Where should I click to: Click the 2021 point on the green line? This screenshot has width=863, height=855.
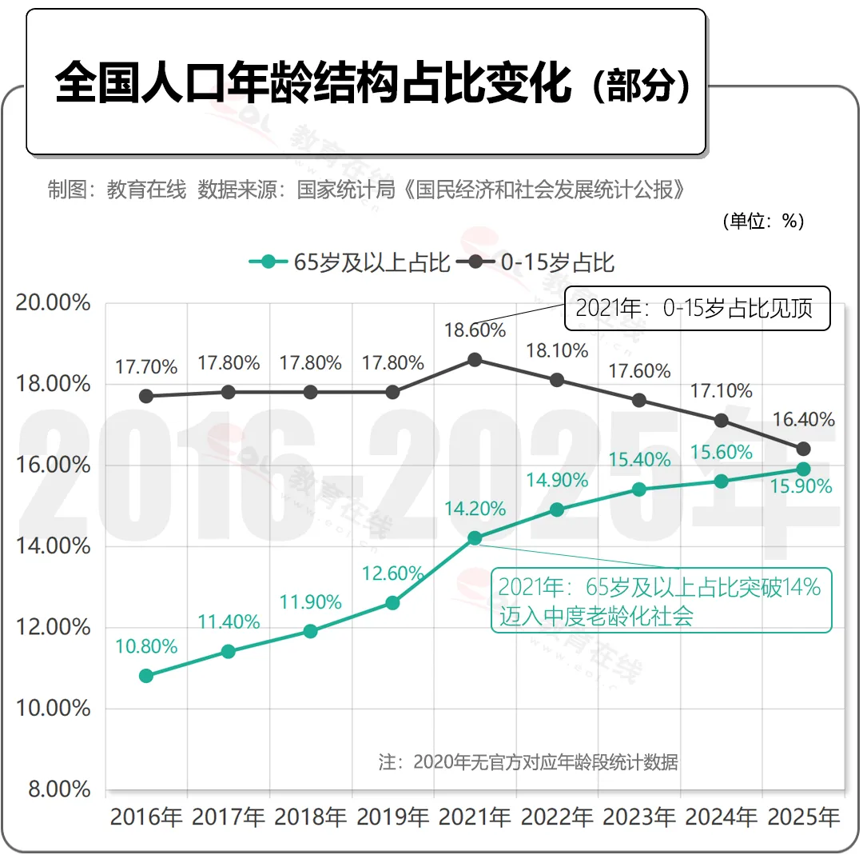(x=475, y=538)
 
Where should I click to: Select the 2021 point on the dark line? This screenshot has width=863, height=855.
(x=475, y=360)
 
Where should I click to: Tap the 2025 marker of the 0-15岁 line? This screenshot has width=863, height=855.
(x=803, y=449)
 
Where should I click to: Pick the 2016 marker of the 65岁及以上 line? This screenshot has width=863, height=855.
(x=146, y=676)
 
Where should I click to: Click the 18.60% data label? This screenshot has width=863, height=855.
(x=475, y=330)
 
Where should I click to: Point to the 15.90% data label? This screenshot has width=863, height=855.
(x=801, y=486)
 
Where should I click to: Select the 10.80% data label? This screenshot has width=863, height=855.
(x=146, y=646)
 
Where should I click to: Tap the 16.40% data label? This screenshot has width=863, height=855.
(x=804, y=419)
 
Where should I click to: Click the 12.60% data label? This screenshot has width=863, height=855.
(x=392, y=573)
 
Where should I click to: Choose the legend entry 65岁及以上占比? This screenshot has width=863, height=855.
(x=349, y=262)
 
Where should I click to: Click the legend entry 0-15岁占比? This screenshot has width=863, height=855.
(x=535, y=262)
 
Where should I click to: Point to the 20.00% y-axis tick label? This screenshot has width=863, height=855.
(x=53, y=302)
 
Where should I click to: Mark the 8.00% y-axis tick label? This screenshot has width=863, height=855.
(x=59, y=789)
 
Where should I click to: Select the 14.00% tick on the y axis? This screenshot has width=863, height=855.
(x=53, y=546)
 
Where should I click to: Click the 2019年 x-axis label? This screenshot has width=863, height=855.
(x=392, y=817)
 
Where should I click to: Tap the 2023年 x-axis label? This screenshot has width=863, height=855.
(x=639, y=817)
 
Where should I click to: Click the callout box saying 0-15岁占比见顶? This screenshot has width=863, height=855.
(x=698, y=309)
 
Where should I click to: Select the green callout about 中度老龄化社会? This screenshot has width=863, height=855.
(x=661, y=601)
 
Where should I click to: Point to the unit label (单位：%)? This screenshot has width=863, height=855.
(x=763, y=221)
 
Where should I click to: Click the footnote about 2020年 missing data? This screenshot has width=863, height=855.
(x=528, y=762)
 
